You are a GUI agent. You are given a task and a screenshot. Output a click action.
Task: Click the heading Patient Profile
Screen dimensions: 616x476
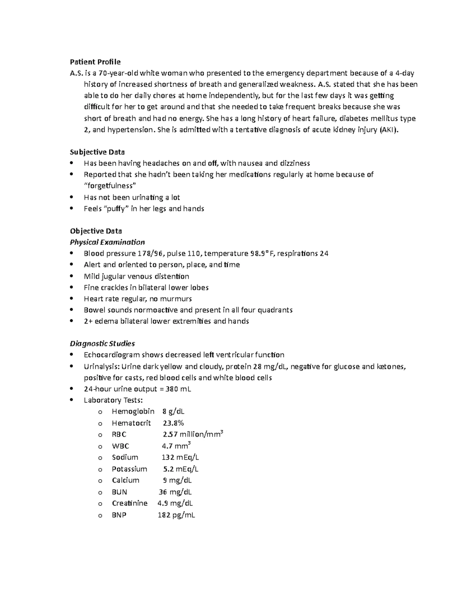click(95, 62)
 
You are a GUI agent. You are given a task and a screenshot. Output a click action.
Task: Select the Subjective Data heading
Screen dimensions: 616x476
click(97, 152)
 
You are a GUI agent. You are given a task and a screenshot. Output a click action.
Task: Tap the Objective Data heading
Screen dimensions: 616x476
click(96, 231)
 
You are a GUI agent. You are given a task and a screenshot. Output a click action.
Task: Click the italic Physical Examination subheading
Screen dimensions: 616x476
click(107, 242)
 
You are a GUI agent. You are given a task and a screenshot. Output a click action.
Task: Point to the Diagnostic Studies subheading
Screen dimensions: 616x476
click(102, 344)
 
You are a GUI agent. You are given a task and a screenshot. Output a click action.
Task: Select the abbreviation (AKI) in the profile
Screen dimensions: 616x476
click(388, 130)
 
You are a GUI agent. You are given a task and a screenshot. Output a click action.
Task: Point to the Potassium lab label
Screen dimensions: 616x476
click(129, 469)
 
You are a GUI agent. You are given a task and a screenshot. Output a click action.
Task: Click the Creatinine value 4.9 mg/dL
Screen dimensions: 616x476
click(175, 503)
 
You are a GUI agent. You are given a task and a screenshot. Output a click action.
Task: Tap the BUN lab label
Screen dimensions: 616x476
click(119, 492)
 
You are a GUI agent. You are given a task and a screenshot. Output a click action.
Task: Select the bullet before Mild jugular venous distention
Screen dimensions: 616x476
click(71, 276)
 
